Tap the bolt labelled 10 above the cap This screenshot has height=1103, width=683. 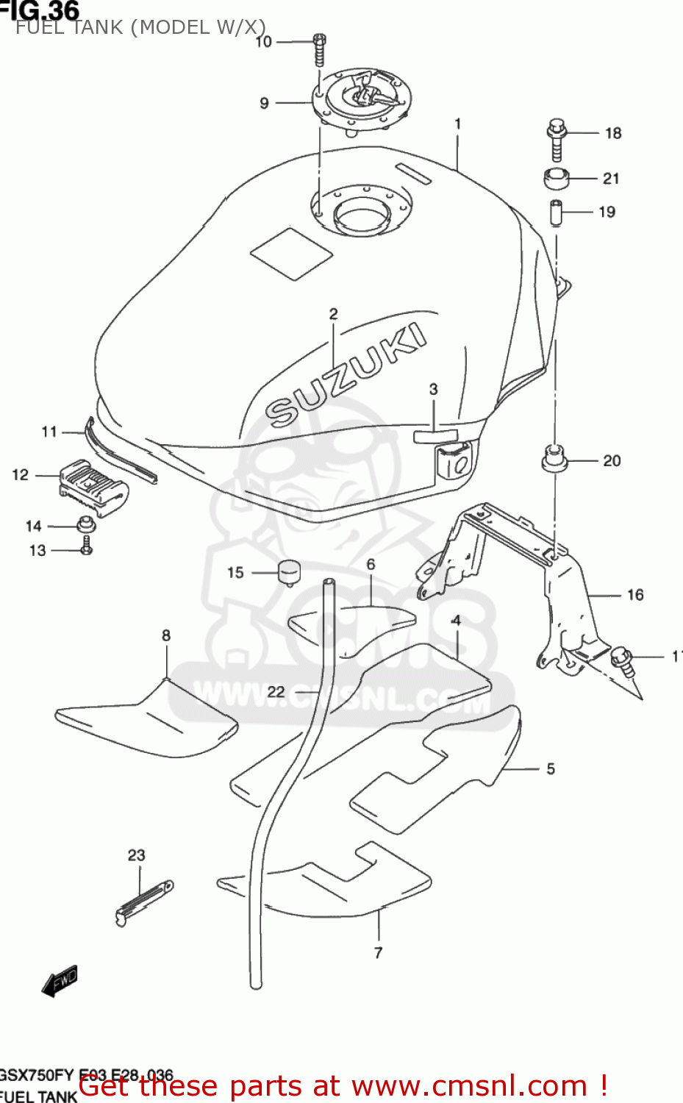(318, 50)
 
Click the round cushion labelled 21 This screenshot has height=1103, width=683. (557, 178)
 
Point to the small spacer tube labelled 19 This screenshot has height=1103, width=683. (557, 213)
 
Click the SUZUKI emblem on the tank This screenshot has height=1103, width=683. (346, 375)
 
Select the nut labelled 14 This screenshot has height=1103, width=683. (86, 526)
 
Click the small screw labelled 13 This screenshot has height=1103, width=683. (86, 546)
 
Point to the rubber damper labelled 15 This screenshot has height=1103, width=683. (290, 572)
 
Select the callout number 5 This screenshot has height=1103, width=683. (551, 769)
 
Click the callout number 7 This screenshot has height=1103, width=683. (378, 953)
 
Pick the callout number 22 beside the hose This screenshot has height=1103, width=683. (276, 692)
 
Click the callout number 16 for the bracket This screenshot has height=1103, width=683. (635, 595)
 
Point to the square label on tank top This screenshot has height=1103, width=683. (291, 254)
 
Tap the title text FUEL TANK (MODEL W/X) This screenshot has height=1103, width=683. (140, 28)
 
